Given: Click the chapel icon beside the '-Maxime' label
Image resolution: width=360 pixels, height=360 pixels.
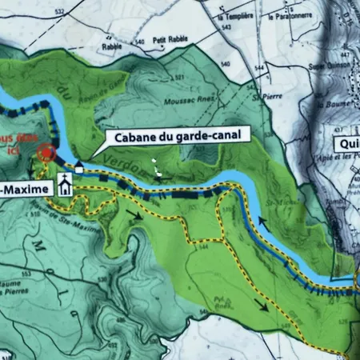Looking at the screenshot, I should (65, 188).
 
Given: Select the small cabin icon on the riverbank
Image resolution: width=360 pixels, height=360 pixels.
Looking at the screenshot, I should (79, 166).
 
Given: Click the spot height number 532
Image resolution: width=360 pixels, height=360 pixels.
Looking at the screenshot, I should (58, 10).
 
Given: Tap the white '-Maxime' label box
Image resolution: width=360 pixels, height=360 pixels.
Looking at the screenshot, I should (26, 189).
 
